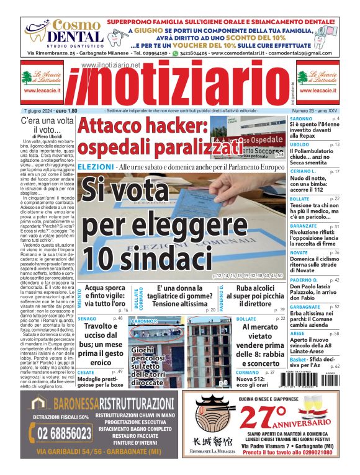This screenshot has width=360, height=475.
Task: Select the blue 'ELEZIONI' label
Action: pos(96,167)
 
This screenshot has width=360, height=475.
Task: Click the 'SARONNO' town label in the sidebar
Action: pos(301,118)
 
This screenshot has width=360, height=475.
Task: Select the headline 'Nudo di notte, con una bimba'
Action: pos(314,182)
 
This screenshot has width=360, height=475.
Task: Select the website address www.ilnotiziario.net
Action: pos(110,64)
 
